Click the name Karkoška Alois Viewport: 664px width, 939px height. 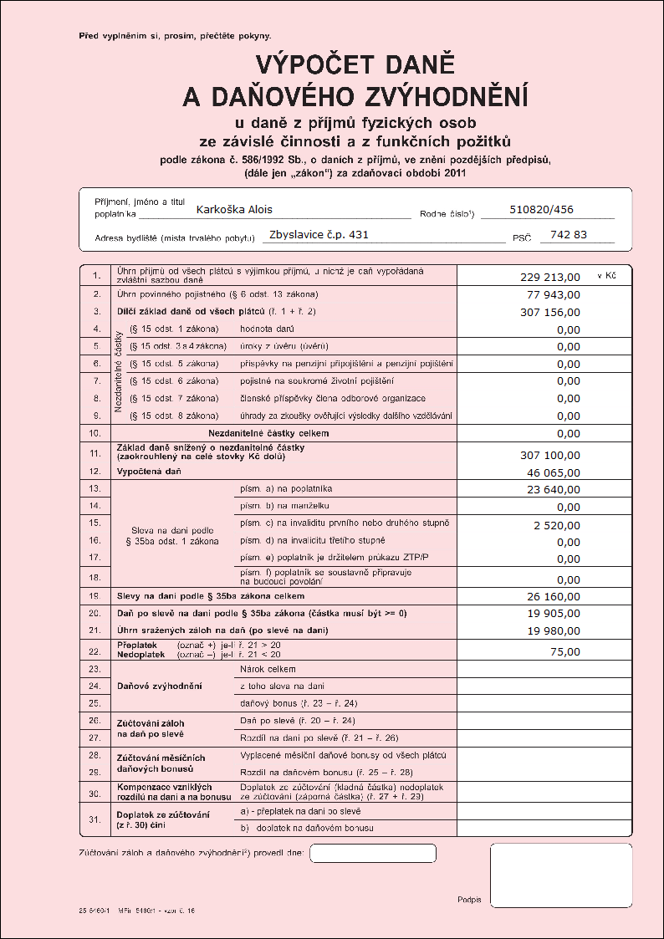[234, 210]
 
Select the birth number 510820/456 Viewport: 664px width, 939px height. [541, 210]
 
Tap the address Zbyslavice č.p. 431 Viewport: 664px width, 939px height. [319, 235]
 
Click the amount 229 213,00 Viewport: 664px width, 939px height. [549, 277]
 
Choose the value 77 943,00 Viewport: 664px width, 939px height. [553, 295]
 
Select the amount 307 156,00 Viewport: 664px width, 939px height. [549, 312]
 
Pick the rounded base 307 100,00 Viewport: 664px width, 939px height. [549, 455]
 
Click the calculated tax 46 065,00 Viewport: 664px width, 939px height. [553, 472]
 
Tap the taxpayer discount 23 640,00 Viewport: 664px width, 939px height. [553, 490]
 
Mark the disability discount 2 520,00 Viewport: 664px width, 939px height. [556, 525]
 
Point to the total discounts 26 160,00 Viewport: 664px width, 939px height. [553, 597]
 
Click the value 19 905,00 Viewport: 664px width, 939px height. [553, 615]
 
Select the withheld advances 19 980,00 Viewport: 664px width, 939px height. [553, 631]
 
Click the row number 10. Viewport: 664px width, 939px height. [95, 433]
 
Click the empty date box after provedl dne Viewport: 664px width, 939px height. [372, 853]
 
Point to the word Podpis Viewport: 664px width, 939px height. [469, 900]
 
